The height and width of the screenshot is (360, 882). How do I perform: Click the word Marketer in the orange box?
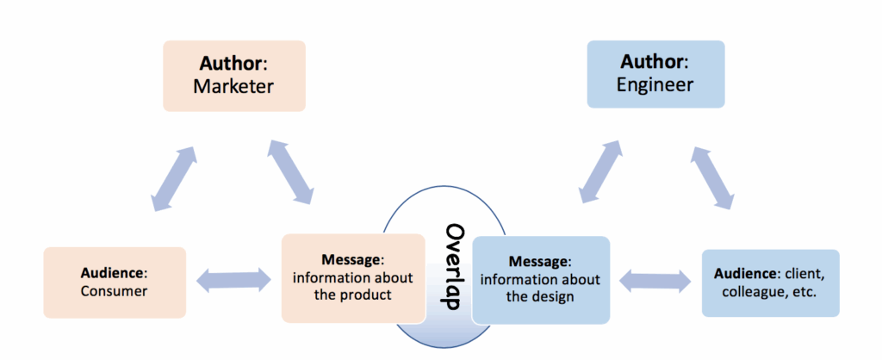coord(233,86)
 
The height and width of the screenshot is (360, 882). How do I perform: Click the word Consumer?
coord(114,291)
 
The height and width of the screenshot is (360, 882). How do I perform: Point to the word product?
coord(372,295)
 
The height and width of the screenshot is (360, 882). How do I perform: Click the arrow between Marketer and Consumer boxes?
coord(173,179)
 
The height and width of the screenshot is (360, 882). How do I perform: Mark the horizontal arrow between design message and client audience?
coord(655,279)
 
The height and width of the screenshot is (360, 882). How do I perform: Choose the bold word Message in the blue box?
coord(538,260)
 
